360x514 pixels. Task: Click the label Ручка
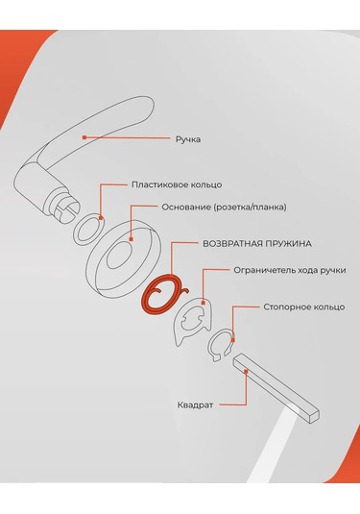pyautogui.click(x=188, y=139)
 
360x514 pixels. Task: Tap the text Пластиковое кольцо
pyautogui.click(x=177, y=184)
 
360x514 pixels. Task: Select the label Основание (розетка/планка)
pyautogui.click(x=224, y=208)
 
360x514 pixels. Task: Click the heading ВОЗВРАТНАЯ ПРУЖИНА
pyautogui.click(x=257, y=244)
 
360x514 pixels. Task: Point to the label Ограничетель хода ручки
pyautogui.click(x=290, y=270)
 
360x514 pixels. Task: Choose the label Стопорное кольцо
pyautogui.click(x=304, y=307)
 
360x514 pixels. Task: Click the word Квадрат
pyautogui.click(x=195, y=404)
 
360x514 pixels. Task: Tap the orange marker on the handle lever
pyautogui.click(x=84, y=137)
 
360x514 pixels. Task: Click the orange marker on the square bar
pyautogui.click(x=246, y=371)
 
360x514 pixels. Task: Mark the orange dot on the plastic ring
pyautogui.click(x=101, y=218)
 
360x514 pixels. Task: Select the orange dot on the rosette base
pyautogui.click(x=131, y=239)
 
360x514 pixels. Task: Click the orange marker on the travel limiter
pyautogui.click(x=204, y=303)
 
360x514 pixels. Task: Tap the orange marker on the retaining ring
pyautogui.click(x=233, y=340)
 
